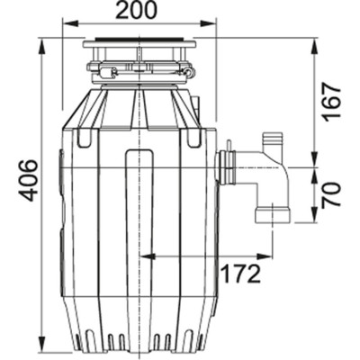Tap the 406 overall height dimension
28,180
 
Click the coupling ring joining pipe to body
227,168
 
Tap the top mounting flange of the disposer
139,42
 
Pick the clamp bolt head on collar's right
187,72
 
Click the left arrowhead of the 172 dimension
147,256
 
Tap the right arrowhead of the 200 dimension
213,25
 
